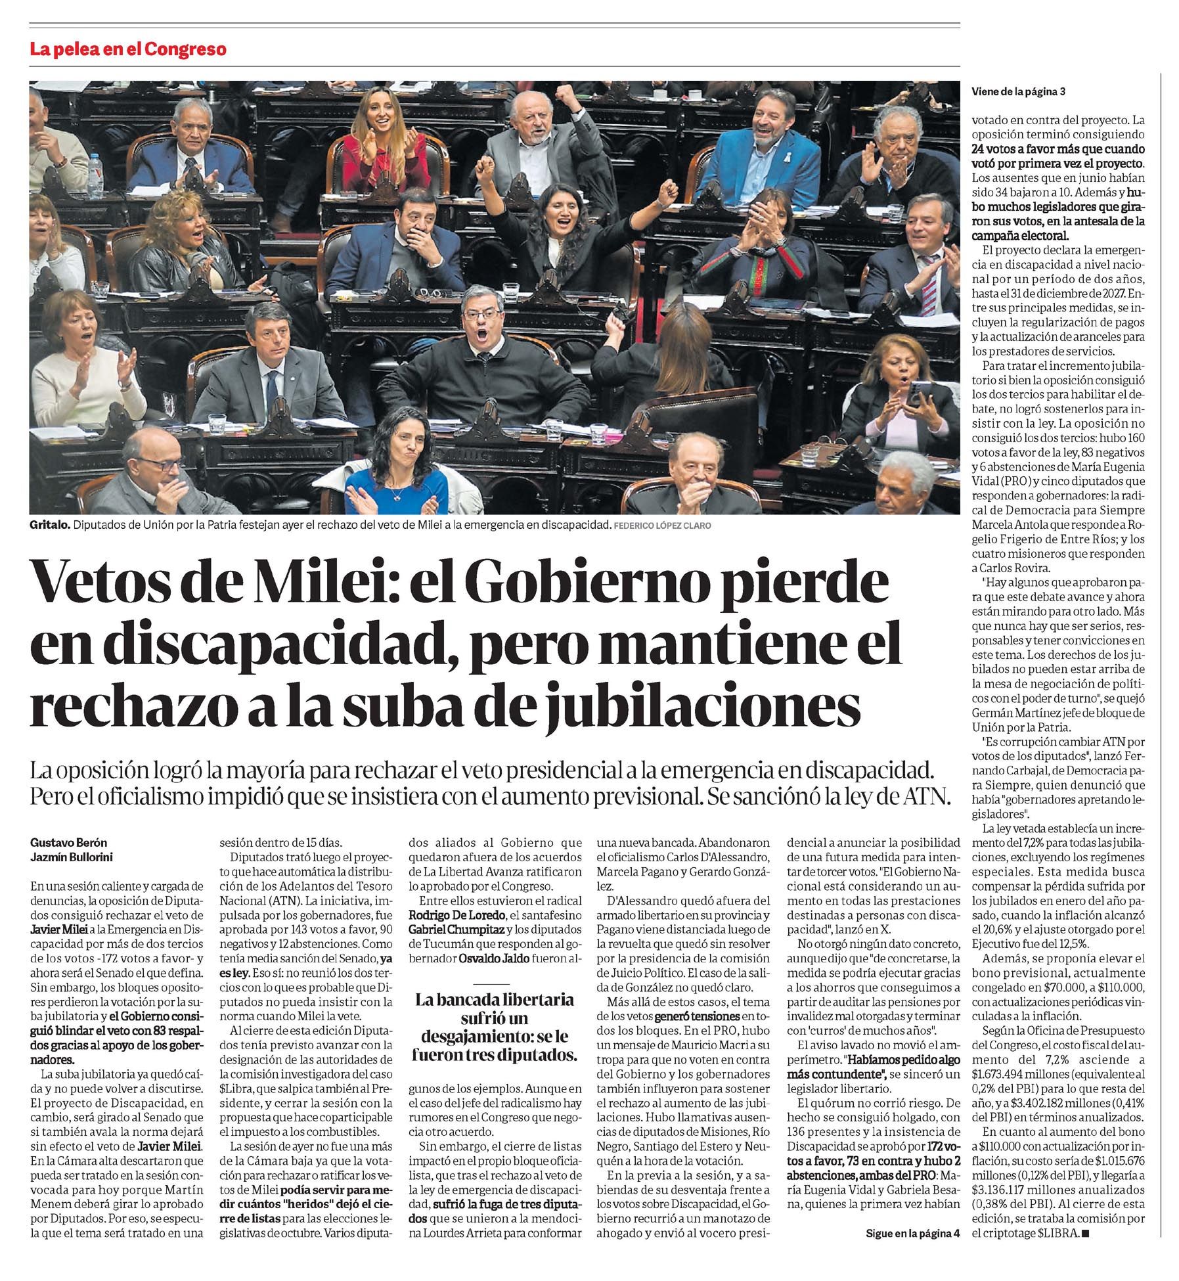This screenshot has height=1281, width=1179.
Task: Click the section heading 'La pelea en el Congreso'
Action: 128,49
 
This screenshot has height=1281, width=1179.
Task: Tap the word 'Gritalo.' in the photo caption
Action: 48,526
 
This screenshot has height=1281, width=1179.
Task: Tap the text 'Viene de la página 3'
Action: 1018,93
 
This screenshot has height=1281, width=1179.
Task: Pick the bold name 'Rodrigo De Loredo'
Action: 456,915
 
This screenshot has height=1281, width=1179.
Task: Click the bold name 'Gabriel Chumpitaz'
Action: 454,930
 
